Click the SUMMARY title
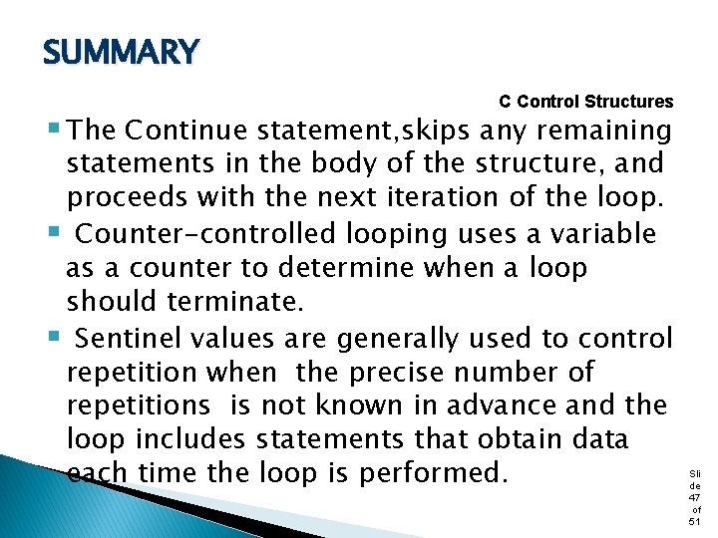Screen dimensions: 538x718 coord(121,52)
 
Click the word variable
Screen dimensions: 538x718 coord(609,234)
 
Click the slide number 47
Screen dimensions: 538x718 coord(694,495)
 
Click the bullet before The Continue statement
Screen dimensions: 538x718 coord(52,130)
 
